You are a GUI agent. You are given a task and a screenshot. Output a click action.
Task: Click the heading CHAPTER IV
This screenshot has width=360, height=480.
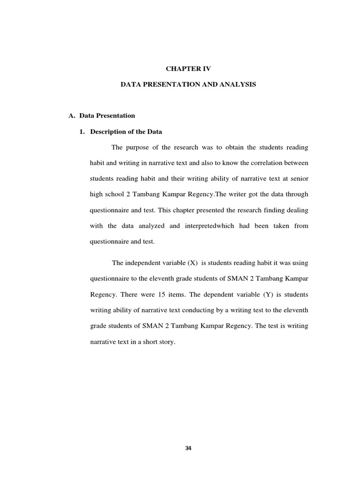(188, 68)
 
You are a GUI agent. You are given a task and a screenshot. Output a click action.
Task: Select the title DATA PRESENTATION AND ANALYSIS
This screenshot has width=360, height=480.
(188, 85)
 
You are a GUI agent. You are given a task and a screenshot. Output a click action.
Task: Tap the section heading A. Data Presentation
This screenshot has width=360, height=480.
(102, 115)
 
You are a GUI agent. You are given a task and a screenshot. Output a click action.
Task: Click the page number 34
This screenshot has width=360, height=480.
(188, 448)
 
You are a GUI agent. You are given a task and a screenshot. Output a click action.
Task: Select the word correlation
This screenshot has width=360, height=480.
(270, 163)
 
